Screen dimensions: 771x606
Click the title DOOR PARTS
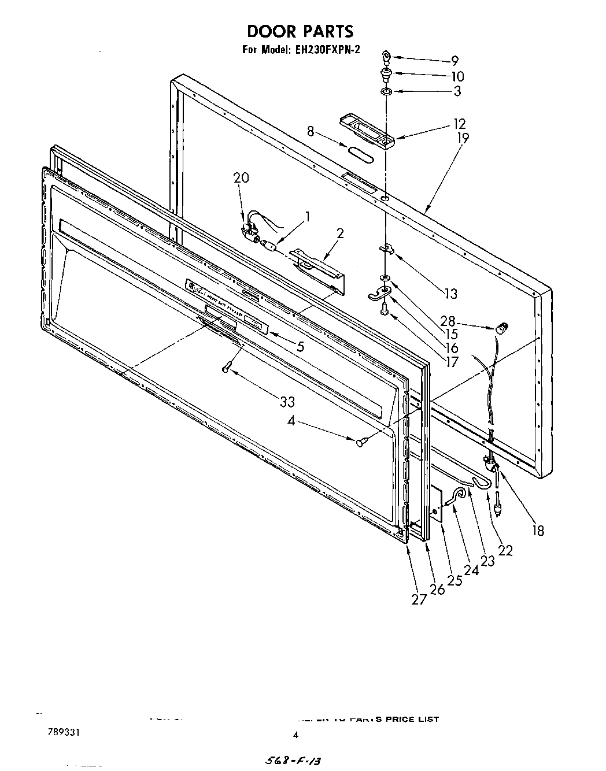point(300,31)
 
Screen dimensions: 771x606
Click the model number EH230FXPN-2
point(326,50)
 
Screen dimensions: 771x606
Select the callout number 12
point(460,124)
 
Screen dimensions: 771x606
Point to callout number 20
point(241,178)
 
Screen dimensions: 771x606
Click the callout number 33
point(287,402)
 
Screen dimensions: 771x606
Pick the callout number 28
point(464,322)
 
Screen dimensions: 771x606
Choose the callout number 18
point(538,530)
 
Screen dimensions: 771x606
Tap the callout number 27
point(419,599)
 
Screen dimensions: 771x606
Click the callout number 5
point(300,347)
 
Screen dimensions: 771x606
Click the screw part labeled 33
point(227,366)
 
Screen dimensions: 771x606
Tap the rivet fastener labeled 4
point(361,442)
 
